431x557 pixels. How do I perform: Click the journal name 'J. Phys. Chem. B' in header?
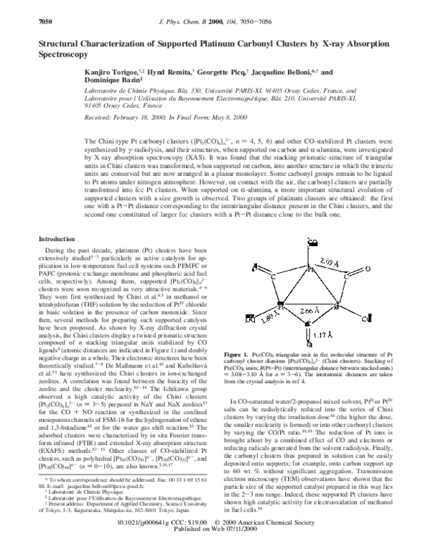[x=203, y=7]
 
